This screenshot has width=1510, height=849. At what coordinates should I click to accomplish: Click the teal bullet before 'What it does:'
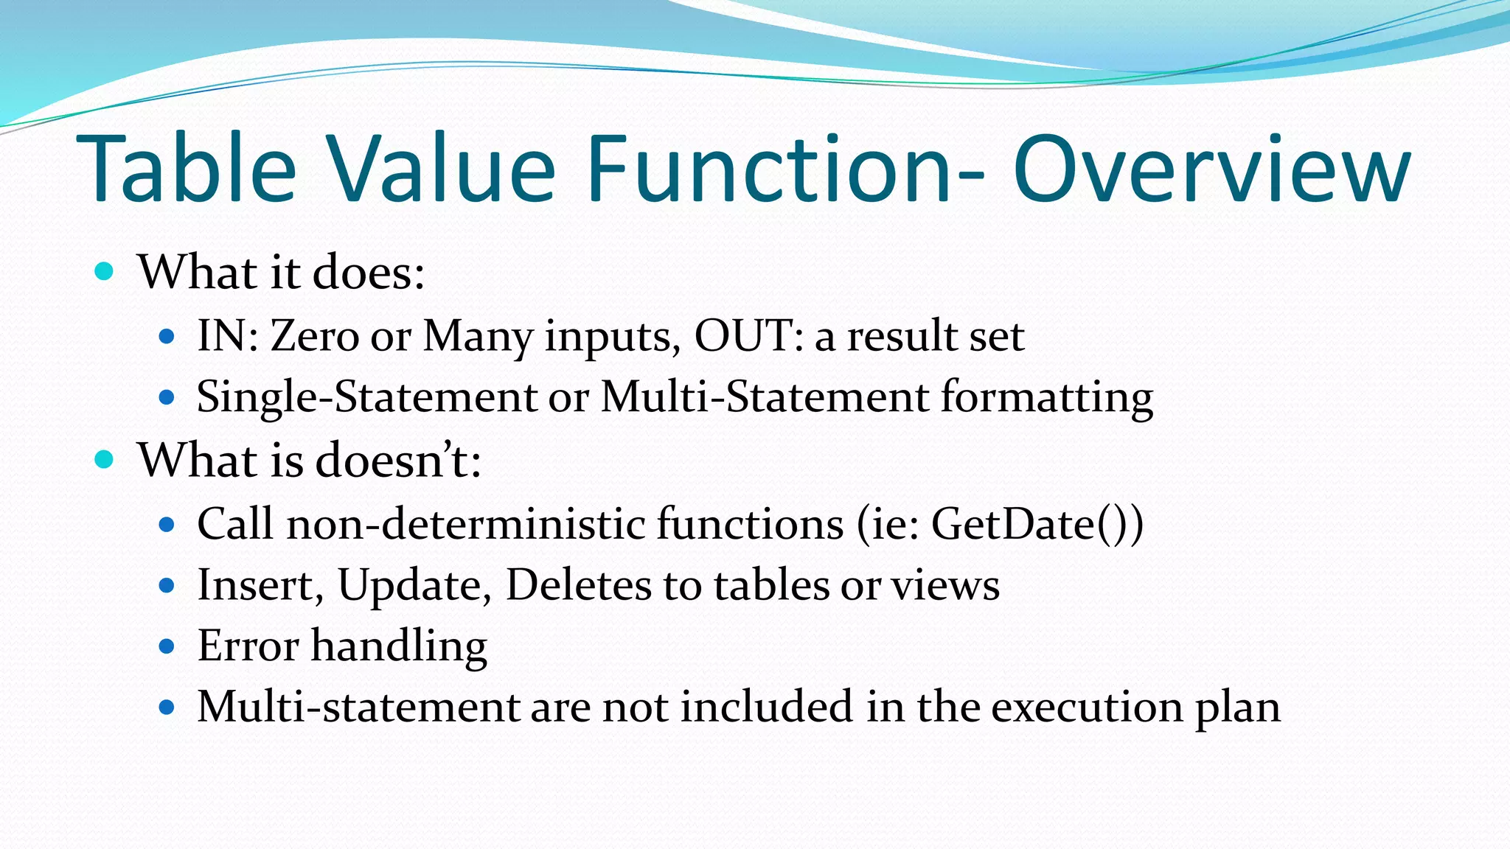coord(105,272)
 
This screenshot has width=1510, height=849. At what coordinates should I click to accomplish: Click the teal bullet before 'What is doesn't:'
coord(105,460)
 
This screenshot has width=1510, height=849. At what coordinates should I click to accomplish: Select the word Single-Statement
coord(366,397)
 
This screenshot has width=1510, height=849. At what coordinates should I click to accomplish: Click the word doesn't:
coord(398,460)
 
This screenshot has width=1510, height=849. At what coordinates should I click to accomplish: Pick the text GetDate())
coord(1037,524)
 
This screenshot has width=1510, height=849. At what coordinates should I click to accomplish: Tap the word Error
coord(248,646)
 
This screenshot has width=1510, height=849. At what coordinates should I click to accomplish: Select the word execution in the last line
coord(1087,707)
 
